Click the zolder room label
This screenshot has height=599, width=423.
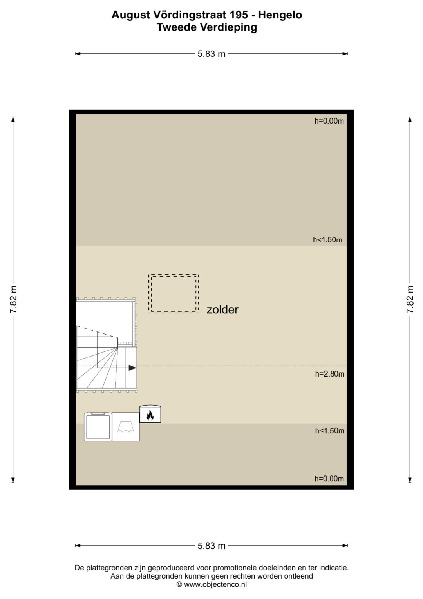[x=222, y=310]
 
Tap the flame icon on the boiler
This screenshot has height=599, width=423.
[x=150, y=415]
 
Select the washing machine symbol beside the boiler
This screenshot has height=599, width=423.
[x=98, y=426]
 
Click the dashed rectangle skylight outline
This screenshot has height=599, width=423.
[x=174, y=294]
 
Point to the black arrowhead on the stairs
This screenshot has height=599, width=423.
[x=132, y=368]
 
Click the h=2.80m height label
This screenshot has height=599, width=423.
[x=329, y=374]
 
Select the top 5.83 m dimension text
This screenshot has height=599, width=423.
[x=211, y=54]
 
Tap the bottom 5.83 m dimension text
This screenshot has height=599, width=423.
[x=211, y=546]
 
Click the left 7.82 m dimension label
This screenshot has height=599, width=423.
[x=13, y=299]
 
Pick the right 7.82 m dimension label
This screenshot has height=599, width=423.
[x=410, y=299]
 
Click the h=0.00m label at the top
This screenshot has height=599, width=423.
[x=329, y=121]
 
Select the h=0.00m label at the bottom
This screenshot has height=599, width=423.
[x=329, y=479]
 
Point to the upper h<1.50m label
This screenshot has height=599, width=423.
[x=327, y=240]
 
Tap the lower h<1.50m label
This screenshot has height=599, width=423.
[x=329, y=431]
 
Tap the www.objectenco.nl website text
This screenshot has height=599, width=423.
[x=215, y=584]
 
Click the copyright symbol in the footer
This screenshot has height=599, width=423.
[x=179, y=584]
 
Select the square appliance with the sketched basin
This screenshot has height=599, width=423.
[x=126, y=426]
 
